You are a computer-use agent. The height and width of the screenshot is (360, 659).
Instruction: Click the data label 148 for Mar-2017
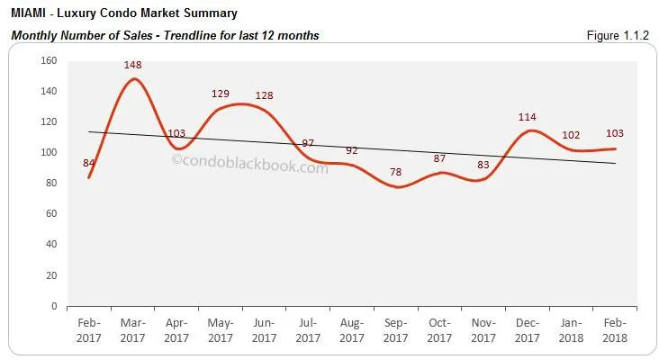(x=134, y=65)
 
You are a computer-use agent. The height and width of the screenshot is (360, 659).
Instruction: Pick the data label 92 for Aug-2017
(x=352, y=149)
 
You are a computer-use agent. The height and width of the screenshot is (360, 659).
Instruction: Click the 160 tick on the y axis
(x=49, y=60)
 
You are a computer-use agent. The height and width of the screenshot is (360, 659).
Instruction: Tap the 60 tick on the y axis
(x=51, y=214)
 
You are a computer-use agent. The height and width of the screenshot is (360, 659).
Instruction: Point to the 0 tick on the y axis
(x=54, y=306)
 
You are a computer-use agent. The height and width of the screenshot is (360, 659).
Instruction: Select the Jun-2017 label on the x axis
(x=265, y=330)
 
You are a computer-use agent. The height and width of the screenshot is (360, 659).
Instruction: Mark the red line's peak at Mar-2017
(x=134, y=79)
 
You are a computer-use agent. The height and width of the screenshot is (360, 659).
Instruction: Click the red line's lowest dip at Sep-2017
(x=397, y=186)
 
